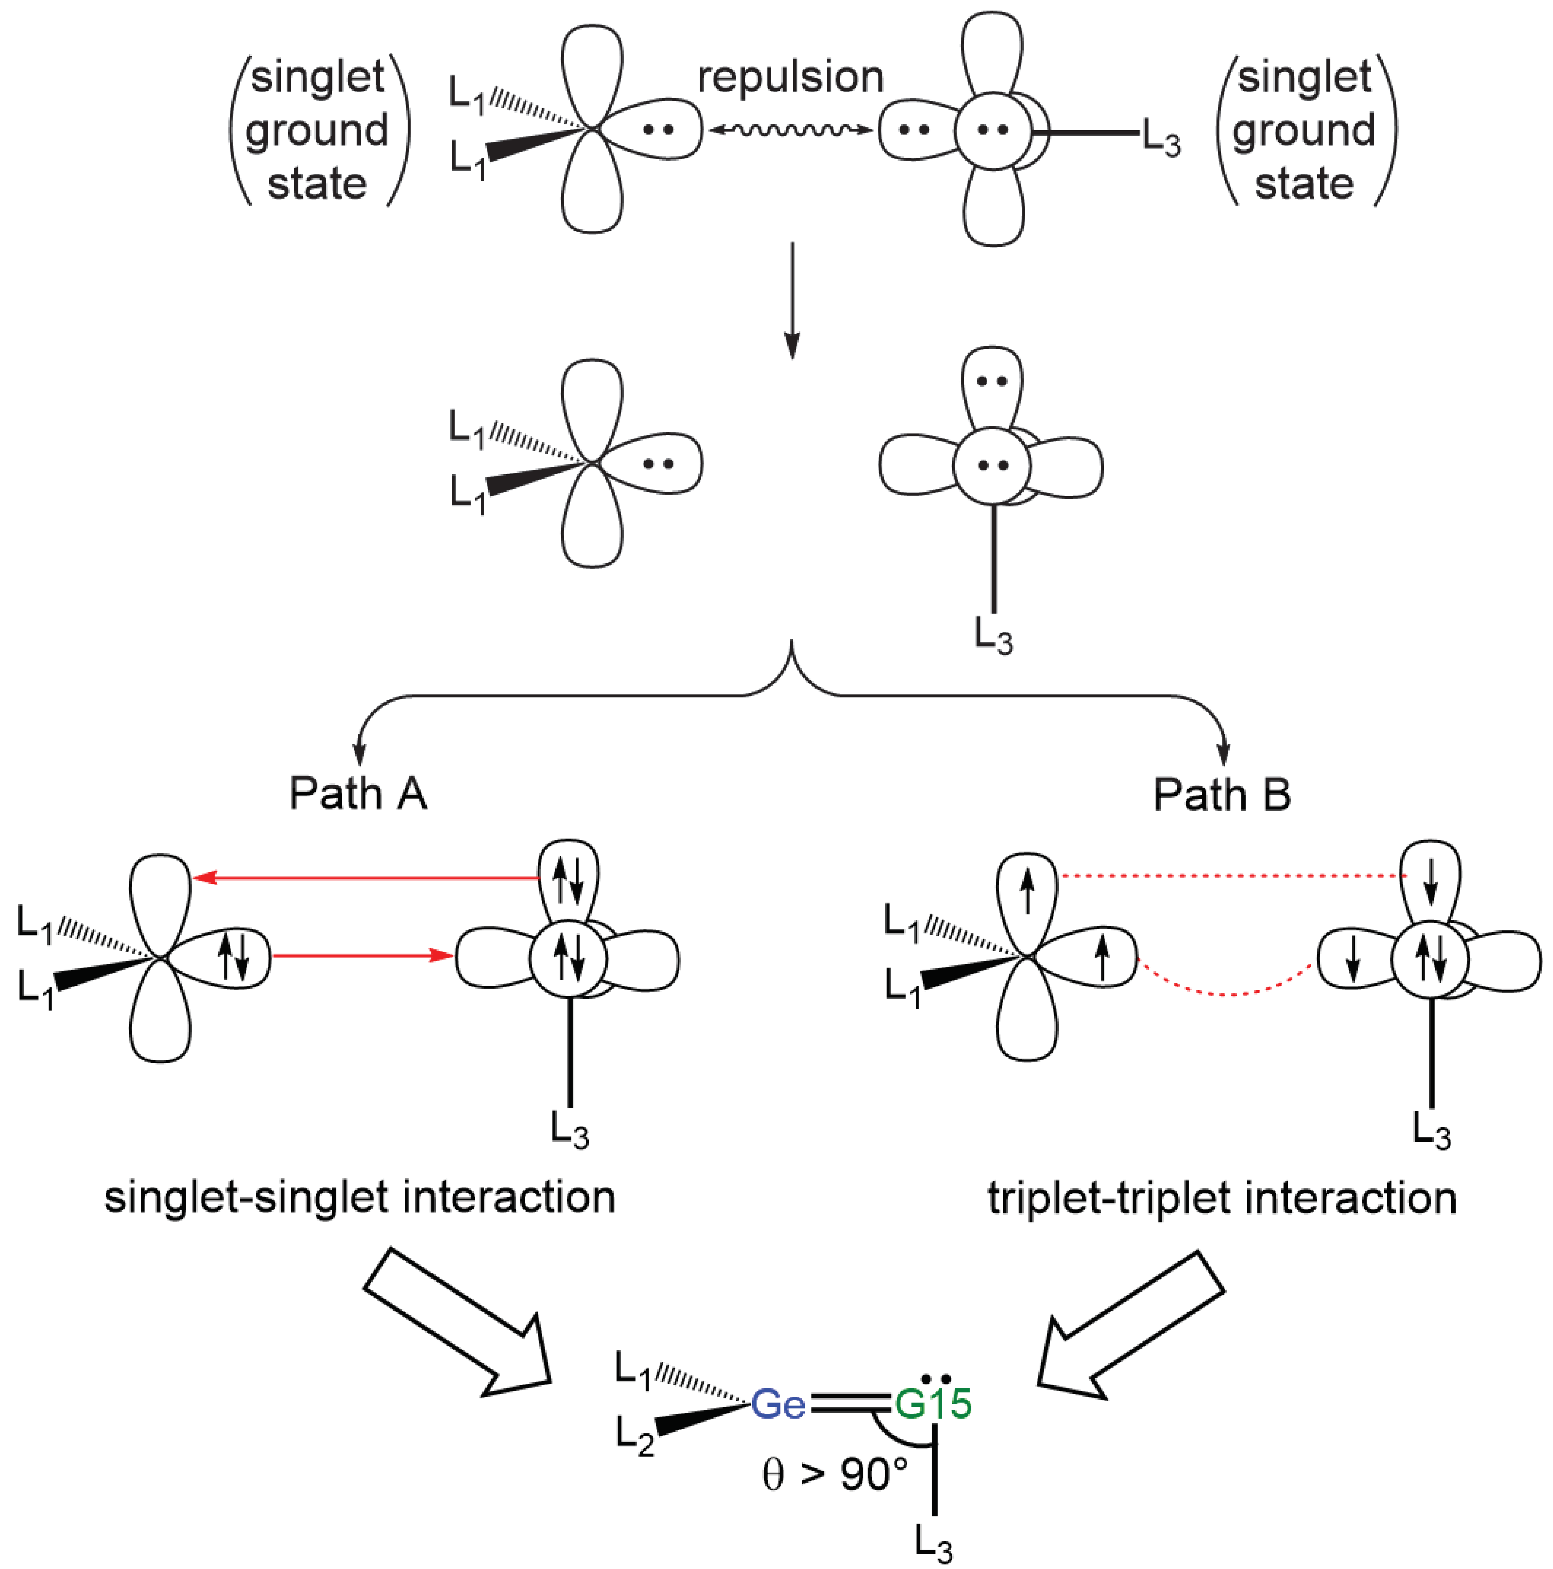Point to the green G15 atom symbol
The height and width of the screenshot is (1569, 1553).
[x=933, y=1427]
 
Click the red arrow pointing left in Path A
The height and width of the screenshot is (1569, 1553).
[x=366, y=878]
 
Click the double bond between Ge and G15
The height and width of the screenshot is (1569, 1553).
[x=849, y=1427]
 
